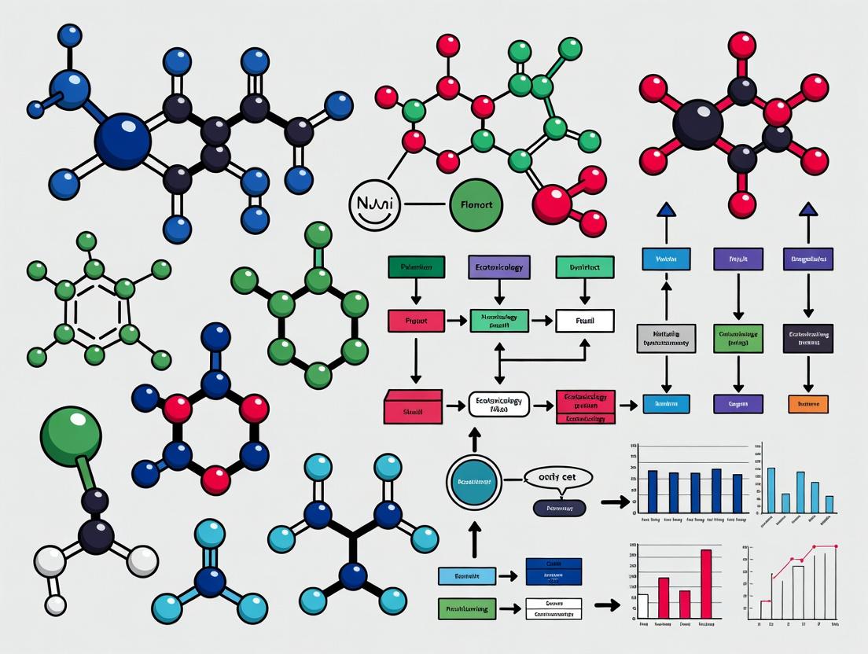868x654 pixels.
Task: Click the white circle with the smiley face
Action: (x=373, y=207)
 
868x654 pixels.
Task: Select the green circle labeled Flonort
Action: (x=476, y=207)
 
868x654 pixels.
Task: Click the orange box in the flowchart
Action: (x=807, y=404)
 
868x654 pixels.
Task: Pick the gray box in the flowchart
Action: (x=665, y=337)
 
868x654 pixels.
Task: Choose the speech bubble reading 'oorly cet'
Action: (x=557, y=477)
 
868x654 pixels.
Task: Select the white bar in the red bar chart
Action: (x=642, y=605)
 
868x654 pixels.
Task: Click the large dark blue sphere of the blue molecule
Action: (x=122, y=141)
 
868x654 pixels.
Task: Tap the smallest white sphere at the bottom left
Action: (x=56, y=604)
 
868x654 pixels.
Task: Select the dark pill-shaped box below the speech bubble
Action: (x=559, y=509)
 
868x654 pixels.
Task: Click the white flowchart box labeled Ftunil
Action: (x=585, y=321)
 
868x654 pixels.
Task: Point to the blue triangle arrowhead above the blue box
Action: (x=666, y=209)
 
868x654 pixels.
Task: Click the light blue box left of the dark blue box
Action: (x=467, y=575)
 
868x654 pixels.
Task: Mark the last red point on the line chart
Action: (x=835, y=546)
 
